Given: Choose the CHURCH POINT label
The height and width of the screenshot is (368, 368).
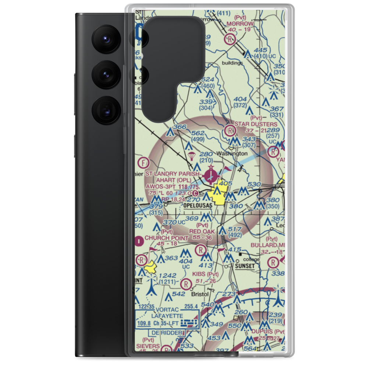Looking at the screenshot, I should coord(166,238).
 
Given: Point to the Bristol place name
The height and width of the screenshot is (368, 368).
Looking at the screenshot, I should coord(200,294).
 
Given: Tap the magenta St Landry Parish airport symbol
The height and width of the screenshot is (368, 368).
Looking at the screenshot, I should coord(210,174).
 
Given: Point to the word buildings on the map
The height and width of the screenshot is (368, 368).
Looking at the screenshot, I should coord(232,63).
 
